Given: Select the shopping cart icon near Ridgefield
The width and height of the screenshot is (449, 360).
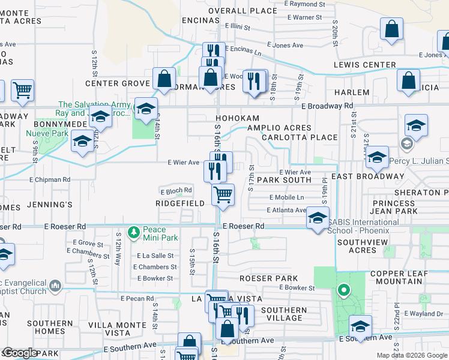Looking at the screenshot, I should (x=223, y=194).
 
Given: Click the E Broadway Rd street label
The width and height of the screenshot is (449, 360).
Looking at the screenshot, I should (x=327, y=106).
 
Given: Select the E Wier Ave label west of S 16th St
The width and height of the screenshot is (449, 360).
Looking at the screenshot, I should (x=183, y=163).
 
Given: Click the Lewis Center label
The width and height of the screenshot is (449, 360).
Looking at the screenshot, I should (x=366, y=65).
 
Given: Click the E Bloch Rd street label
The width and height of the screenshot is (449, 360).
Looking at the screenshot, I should (x=176, y=191).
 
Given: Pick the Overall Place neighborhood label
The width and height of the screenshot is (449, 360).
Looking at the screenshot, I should (x=243, y=11).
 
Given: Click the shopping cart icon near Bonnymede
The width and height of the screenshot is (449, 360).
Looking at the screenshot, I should (x=23, y=90).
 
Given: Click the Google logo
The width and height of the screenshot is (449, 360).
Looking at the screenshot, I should (x=20, y=353).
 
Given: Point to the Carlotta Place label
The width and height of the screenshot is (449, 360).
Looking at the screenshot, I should (x=300, y=137).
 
